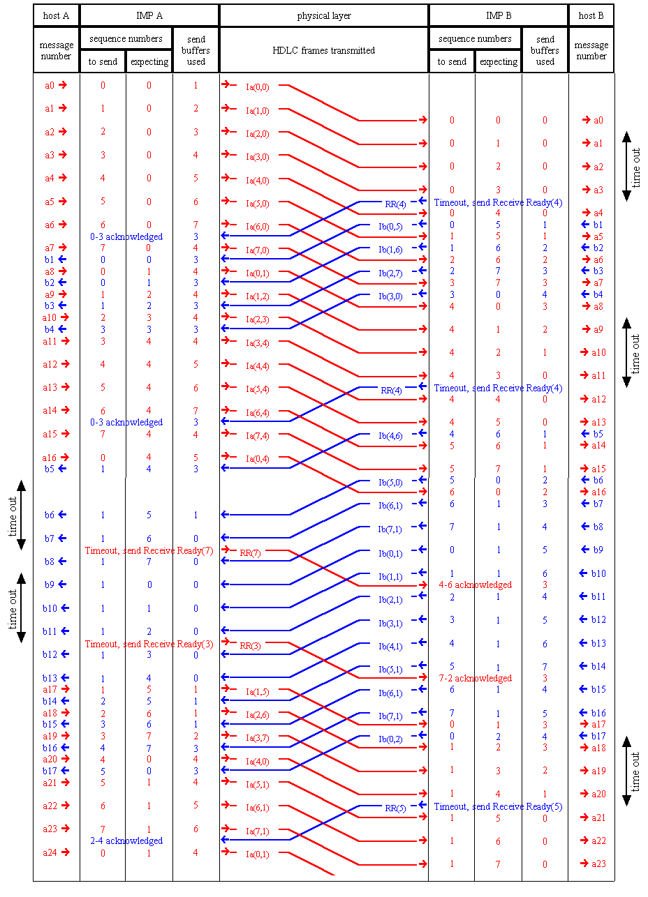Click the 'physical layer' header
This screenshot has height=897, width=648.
coord(323,15)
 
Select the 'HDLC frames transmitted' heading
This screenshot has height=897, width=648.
coord(323,50)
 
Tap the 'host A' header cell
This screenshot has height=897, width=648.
coord(56,15)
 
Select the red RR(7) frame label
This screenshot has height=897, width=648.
coord(250,553)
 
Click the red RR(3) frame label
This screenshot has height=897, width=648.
coord(250,646)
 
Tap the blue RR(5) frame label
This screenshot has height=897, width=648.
coord(395,808)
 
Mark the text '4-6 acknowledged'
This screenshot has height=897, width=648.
coord(475,585)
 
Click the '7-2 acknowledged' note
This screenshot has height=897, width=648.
coord(475,678)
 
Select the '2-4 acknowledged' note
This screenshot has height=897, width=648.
coord(126,841)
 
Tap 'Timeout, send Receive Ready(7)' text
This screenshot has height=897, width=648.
coord(149,550)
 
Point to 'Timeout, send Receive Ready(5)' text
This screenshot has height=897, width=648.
coord(498,806)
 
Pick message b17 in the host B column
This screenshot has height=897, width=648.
coord(593,736)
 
